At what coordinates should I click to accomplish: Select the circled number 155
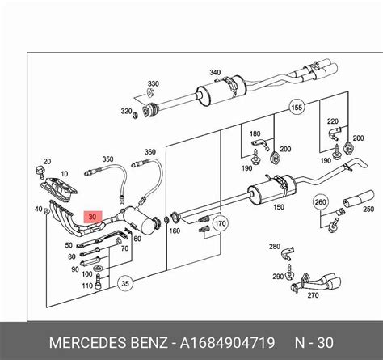pos(297,107)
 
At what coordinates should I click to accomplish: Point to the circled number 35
pos(124,283)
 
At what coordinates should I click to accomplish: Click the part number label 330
pos(153,83)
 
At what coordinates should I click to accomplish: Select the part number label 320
pos(126,111)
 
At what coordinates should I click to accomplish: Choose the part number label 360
pos(149,151)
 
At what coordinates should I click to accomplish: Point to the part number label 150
pos(279,207)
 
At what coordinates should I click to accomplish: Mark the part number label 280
pos(273,245)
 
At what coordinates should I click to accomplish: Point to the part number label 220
pos(331,121)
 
